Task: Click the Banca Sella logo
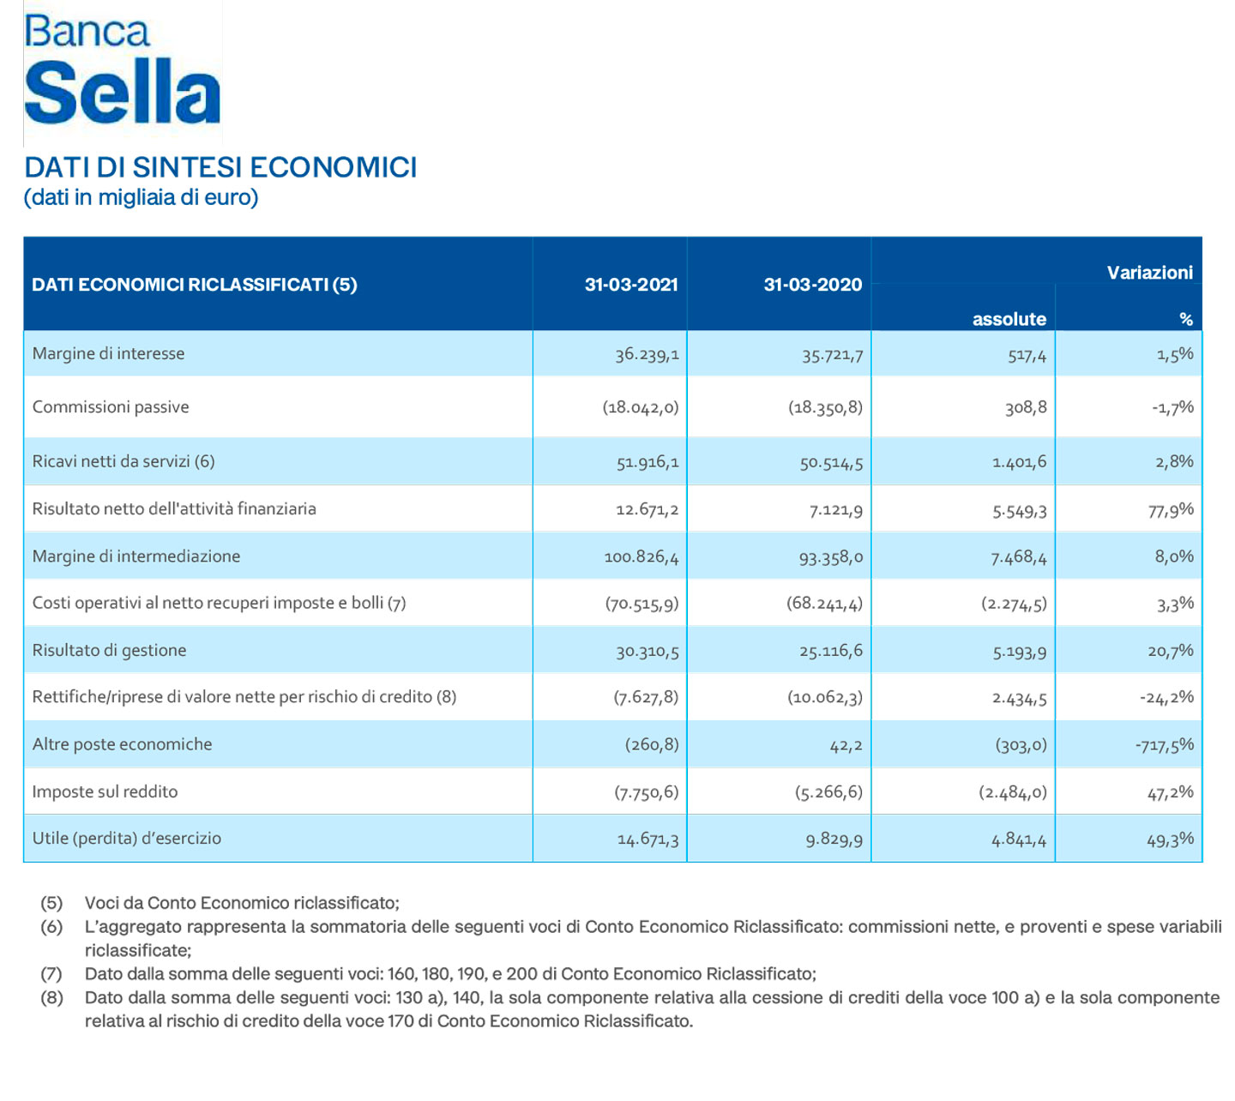(x=122, y=72)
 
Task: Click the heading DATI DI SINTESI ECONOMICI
(x=220, y=167)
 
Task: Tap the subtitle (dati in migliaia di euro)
(x=141, y=198)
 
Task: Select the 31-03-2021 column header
(x=631, y=285)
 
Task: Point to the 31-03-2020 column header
(x=812, y=285)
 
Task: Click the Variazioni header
(x=1149, y=273)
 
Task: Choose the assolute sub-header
(x=1009, y=319)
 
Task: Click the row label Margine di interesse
(x=108, y=353)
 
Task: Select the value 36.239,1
(x=647, y=354)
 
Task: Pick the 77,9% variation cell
(x=1171, y=509)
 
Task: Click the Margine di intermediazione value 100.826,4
(x=641, y=557)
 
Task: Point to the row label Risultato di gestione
(x=109, y=650)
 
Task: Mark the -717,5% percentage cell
(x=1164, y=745)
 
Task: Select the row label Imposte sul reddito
(x=105, y=791)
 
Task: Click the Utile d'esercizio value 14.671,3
(x=648, y=839)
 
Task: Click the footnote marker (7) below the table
(x=51, y=974)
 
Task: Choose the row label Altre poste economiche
(x=122, y=744)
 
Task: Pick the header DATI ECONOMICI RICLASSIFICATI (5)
(x=194, y=285)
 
